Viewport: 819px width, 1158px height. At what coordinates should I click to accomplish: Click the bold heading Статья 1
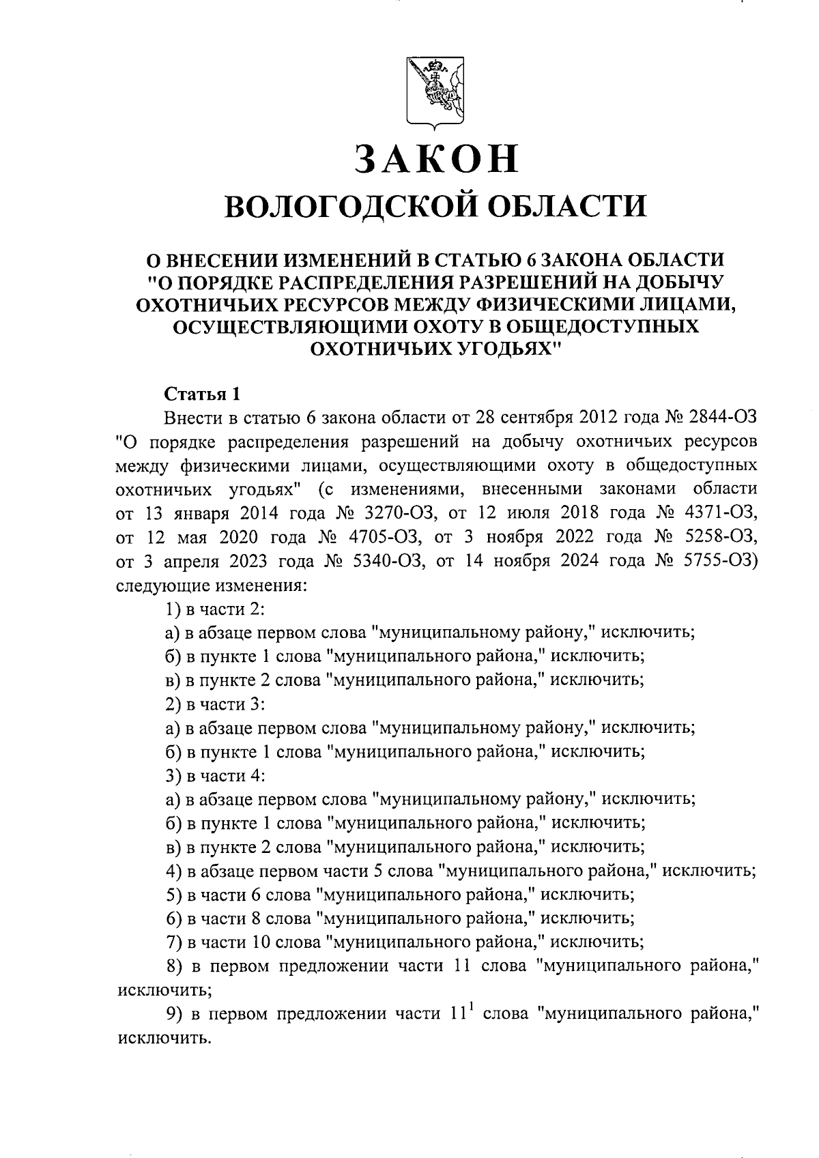[203, 394]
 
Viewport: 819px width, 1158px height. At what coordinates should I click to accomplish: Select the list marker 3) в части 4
[172, 776]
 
